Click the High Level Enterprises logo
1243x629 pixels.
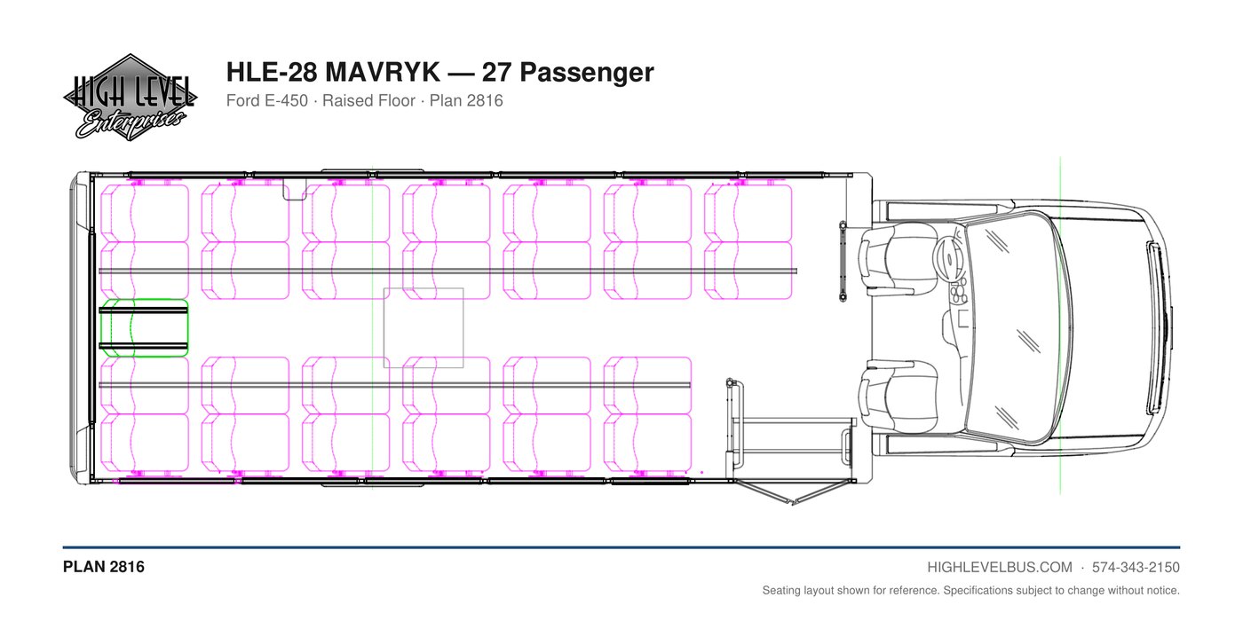click(x=131, y=98)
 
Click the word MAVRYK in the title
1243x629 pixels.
click(x=382, y=72)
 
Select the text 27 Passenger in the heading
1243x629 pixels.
click(x=567, y=73)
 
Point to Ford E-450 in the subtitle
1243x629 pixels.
click(x=267, y=101)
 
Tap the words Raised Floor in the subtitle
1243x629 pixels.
click(x=369, y=101)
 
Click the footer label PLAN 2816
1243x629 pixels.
click(x=104, y=567)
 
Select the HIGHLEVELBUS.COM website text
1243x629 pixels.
click(x=1000, y=568)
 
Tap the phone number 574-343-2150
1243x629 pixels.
click(x=1136, y=568)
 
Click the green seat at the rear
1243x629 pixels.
click(x=144, y=328)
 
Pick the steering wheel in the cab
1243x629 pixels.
click(x=948, y=259)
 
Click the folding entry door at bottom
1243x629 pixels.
click(x=794, y=492)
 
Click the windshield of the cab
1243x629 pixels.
click(x=1019, y=328)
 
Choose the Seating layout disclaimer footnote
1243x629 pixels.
click(x=970, y=591)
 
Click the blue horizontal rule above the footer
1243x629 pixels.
click(x=621, y=547)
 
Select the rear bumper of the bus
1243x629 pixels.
click(x=79, y=328)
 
